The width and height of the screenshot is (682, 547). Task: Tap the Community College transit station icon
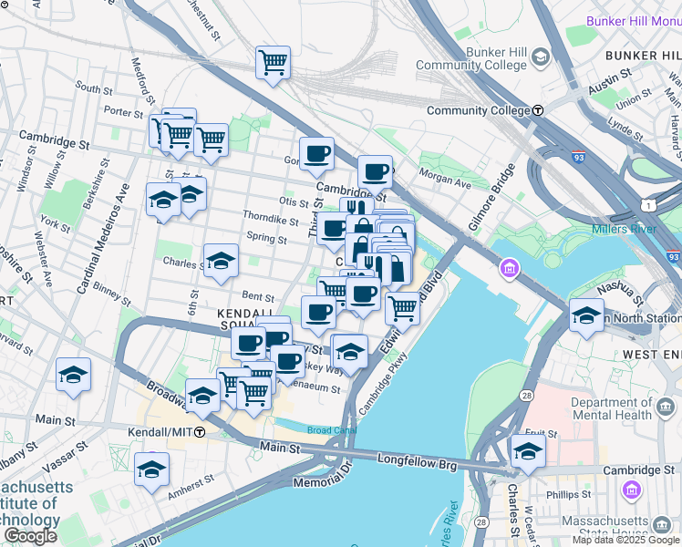click(538, 110)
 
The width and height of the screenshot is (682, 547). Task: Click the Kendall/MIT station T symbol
click(199, 430)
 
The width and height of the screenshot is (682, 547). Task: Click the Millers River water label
click(624, 229)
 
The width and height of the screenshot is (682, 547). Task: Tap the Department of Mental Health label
click(613, 408)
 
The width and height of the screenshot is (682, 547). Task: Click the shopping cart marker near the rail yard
click(273, 62)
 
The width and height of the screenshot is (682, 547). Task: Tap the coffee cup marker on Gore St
click(316, 153)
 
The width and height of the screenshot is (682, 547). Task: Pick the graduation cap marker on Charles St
click(221, 261)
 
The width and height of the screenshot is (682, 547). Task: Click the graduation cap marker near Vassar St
click(73, 375)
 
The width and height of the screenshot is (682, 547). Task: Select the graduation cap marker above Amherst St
click(152, 469)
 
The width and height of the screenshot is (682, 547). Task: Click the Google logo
click(30, 536)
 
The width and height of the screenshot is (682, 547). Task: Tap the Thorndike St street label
click(271, 219)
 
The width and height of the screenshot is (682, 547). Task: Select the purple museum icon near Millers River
click(509, 268)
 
